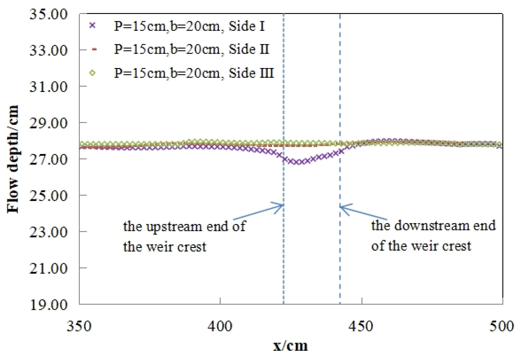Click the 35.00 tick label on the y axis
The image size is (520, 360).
tap(48, 14)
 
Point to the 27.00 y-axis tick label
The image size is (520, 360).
tap(48, 159)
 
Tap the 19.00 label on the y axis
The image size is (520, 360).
tap(48, 304)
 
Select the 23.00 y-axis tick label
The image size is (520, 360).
tap(48, 232)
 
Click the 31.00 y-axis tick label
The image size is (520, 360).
tap(48, 87)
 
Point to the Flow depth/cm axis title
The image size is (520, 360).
tap(13, 159)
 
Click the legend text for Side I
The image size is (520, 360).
tap(189, 26)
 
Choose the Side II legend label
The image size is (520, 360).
tap(192, 49)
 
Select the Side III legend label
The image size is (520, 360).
tap(194, 73)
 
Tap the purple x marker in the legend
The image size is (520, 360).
tap(93, 26)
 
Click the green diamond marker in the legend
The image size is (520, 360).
tap(93, 73)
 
